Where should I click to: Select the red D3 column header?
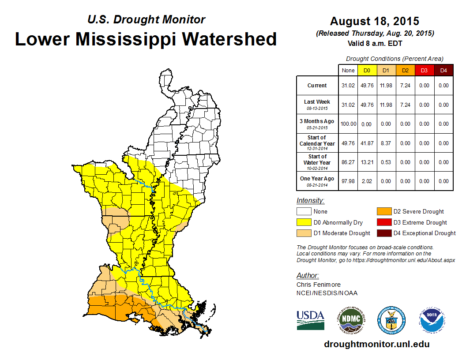pyautogui.click(x=424, y=70)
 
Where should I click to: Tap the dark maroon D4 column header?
pyautogui.click(x=443, y=70)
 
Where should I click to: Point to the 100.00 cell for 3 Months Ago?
pyautogui.click(x=348, y=124)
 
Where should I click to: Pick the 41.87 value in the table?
pyautogui.click(x=367, y=143)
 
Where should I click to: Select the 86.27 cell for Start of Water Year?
pyautogui.click(x=348, y=162)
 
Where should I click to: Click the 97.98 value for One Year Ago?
pyautogui.click(x=348, y=181)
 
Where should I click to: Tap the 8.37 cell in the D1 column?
pyautogui.click(x=386, y=143)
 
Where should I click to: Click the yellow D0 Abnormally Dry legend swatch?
pyautogui.click(x=304, y=222)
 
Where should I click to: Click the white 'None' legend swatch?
pyautogui.click(x=304, y=211)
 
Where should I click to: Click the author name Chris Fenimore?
pyautogui.click(x=318, y=285)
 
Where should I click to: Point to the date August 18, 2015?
pyautogui.click(x=374, y=21)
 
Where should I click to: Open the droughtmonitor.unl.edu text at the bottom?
pyautogui.click(x=376, y=344)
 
